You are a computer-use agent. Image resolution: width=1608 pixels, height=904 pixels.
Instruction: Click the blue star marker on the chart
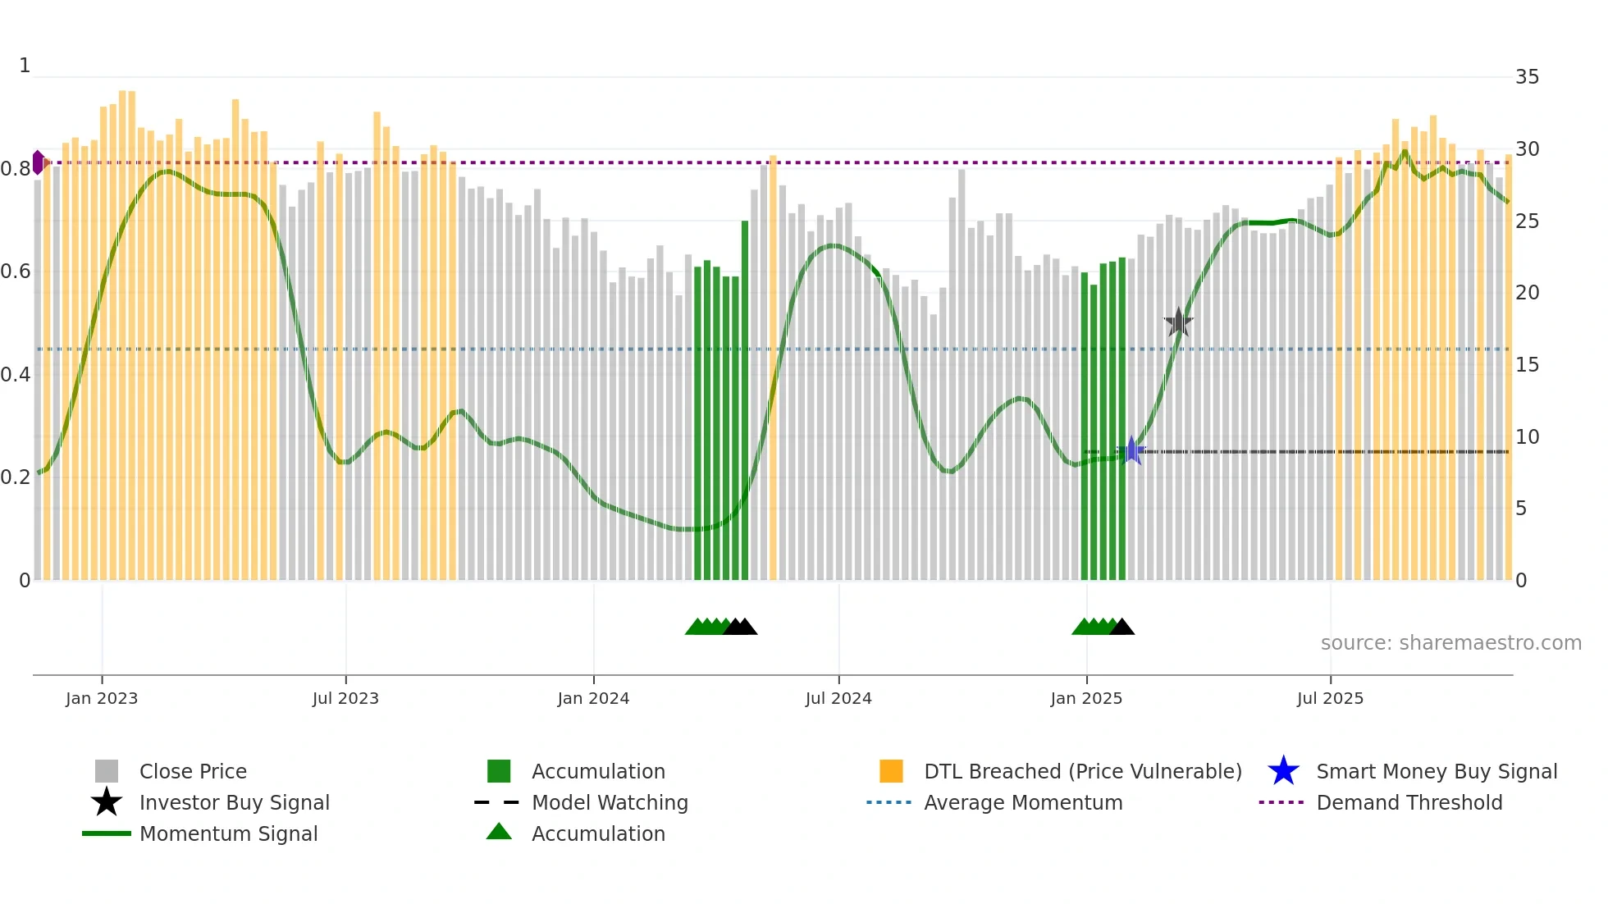(1131, 450)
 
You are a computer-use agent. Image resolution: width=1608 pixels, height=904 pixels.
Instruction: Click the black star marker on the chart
(1179, 322)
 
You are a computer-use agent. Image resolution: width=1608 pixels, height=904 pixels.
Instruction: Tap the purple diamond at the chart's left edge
(38, 162)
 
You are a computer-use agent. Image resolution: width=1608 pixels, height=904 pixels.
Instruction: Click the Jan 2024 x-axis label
(593, 698)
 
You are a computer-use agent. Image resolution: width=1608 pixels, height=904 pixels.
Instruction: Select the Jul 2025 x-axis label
(1330, 698)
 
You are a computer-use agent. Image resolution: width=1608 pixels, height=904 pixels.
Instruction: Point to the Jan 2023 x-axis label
(102, 698)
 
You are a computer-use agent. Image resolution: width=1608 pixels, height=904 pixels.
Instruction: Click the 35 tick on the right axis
(1527, 77)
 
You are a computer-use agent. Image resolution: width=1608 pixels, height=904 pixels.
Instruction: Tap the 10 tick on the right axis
(1527, 437)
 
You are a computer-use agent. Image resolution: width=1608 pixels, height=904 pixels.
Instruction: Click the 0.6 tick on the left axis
(16, 272)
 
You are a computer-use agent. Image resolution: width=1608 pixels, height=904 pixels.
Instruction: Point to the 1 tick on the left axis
(25, 66)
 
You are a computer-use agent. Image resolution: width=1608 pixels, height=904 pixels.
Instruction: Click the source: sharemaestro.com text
(1450, 643)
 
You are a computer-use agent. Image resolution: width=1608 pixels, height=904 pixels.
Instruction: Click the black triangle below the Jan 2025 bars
(1121, 628)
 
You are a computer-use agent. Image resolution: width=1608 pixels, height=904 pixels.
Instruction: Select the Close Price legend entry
(192, 771)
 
